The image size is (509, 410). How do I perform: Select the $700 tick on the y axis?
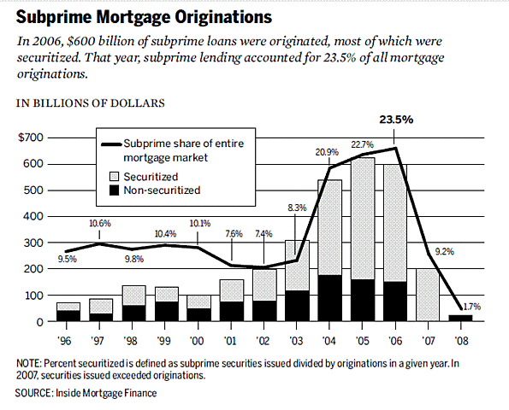[32, 138]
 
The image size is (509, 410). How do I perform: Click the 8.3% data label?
[296, 208]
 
